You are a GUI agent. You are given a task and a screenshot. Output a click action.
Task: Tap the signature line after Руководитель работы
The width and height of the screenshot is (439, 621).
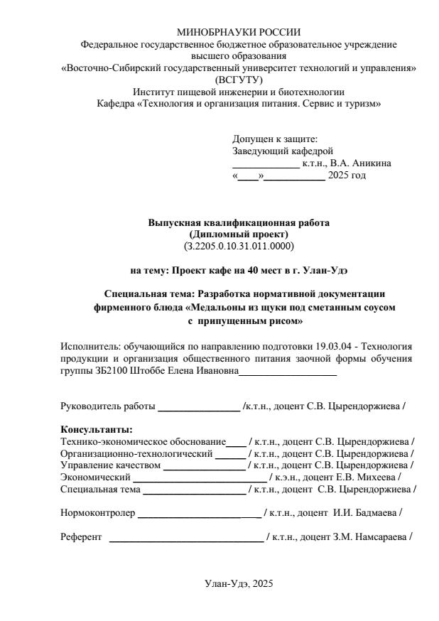pyautogui.click(x=199, y=408)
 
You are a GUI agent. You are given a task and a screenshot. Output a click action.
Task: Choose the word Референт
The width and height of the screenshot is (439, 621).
pyautogui.click(x=82, y=536)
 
